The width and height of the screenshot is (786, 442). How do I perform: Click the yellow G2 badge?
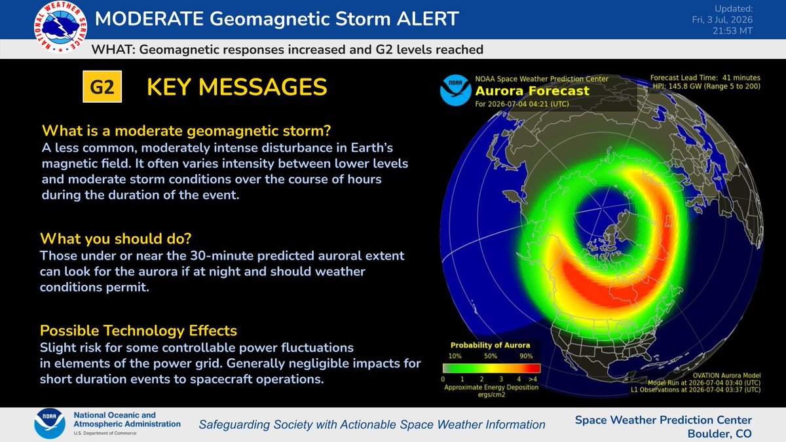tap(102, 86)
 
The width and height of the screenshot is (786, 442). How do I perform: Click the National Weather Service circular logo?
tap(60, 27)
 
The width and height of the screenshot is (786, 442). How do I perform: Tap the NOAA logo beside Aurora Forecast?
tap(455, 90)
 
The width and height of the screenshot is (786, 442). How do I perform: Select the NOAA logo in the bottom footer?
tap(50, 424)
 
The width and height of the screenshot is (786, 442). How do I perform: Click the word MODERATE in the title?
tap(149, 18)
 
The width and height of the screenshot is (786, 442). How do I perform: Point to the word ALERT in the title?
tap(428, 18)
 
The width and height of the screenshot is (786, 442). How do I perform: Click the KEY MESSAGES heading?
tap(237, 87)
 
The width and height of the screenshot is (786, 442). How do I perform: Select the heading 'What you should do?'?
tap(116, 238)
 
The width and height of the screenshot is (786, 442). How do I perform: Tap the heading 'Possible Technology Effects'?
tap(139, 331)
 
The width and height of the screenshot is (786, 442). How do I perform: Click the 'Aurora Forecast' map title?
tap(532, 91)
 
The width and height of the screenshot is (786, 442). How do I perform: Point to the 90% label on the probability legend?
tap(526, 356)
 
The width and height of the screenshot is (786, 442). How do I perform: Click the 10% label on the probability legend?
tap(455, 356)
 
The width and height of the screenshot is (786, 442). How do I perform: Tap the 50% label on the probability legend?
tap(491, 356)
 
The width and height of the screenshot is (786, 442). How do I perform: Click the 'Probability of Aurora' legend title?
tap(490, 345)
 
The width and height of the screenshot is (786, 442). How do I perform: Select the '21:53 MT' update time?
tap(733, 31)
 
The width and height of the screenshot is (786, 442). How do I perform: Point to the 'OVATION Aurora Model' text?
tap(726, 376)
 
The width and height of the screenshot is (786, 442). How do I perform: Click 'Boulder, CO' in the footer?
tap(720, 433)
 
